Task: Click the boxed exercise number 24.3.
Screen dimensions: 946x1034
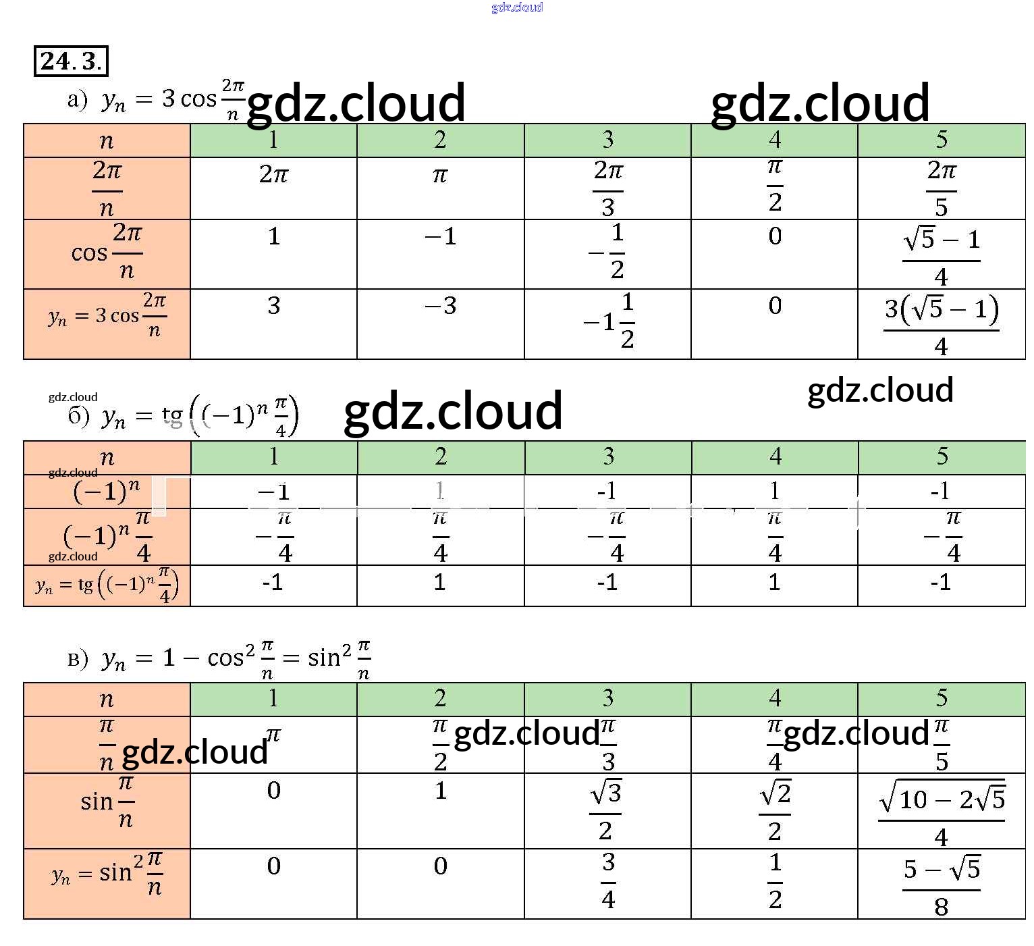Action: pos(70,61)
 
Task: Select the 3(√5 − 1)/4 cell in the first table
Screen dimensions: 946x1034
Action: pos(941,325)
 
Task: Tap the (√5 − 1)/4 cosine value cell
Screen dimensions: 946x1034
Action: pos(941,255)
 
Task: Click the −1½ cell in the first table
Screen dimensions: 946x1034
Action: pos(608,321)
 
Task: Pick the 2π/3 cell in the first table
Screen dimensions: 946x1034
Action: pos(608,188)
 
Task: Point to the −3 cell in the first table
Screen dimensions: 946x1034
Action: pos(440,306)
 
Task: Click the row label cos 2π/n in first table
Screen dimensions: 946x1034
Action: pos(107,253)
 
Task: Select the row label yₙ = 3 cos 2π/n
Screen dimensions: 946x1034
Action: pos(107,315)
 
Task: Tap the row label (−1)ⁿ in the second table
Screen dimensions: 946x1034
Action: pos(107,491)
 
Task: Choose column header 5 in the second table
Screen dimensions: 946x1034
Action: pos(942,457)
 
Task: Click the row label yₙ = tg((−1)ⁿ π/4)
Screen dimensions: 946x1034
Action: pos(107,585)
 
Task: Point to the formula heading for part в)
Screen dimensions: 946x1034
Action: pos(219,657)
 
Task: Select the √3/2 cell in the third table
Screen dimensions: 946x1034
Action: pos(607,810)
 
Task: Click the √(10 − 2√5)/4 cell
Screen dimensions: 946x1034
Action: pos(942,812)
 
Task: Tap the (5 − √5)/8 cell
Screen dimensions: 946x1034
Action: pos(942,885)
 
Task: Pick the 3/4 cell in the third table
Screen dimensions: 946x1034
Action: pos(608,881)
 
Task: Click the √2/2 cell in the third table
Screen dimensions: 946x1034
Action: pos(775,810)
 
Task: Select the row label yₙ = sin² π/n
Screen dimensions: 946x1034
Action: pos(107,874)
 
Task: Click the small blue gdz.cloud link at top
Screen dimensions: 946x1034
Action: pos(517,7)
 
